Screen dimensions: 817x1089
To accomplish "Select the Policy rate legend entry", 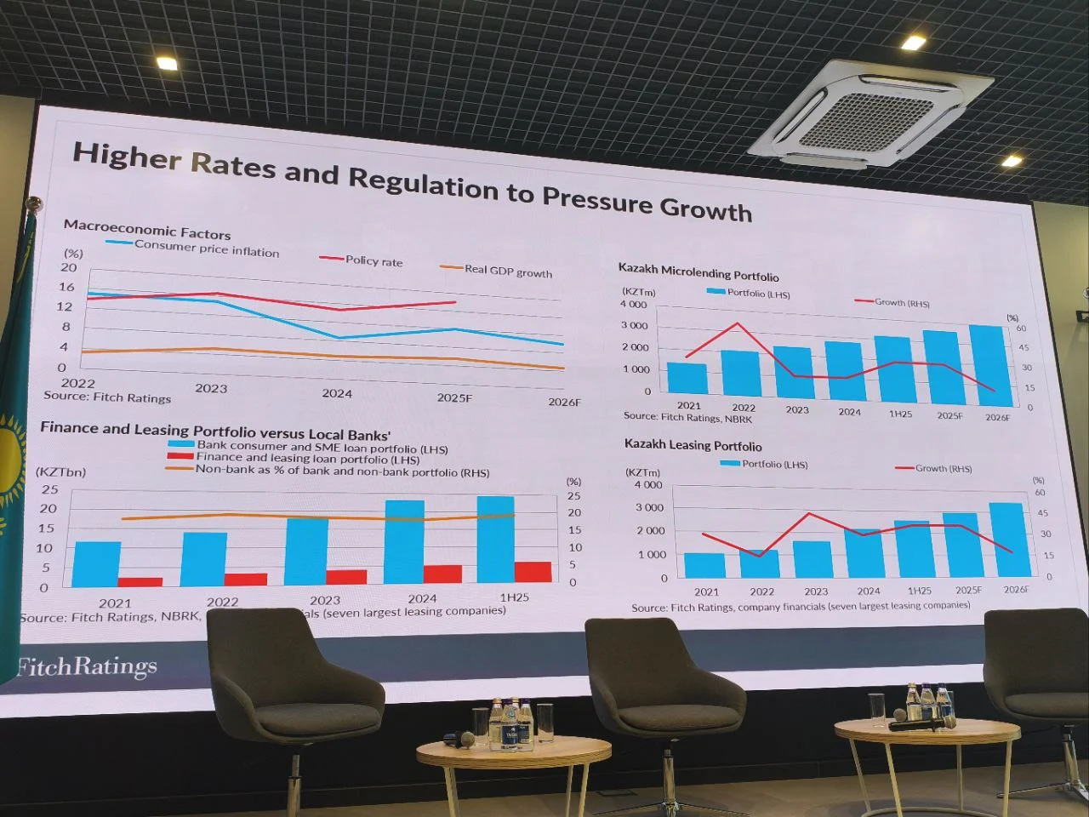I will pos(373,260).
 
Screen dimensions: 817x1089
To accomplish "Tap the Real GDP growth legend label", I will pos(507,271).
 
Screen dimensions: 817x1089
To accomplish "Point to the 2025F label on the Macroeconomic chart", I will pos(454,397).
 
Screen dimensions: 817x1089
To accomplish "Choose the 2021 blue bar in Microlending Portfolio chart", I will pos(687,377).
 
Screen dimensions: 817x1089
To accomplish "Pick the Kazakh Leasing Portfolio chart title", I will pos(693,445).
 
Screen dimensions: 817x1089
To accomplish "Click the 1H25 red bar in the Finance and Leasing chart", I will pos(533,571).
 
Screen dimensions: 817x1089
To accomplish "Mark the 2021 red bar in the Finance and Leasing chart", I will pos(140,581).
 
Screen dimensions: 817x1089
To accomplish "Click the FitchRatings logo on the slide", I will pos(87,666).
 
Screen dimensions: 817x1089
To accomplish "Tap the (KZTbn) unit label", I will pos(60,471).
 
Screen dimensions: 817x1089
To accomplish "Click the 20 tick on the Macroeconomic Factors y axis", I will pos(69,267).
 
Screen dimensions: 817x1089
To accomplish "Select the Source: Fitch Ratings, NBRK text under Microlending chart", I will pos(687,417).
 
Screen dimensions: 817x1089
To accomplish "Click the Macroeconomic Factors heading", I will pos(147,229).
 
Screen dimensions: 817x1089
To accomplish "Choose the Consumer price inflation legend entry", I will pos(206,249).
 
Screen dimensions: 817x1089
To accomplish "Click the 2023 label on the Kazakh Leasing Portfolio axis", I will pos(816,591).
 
